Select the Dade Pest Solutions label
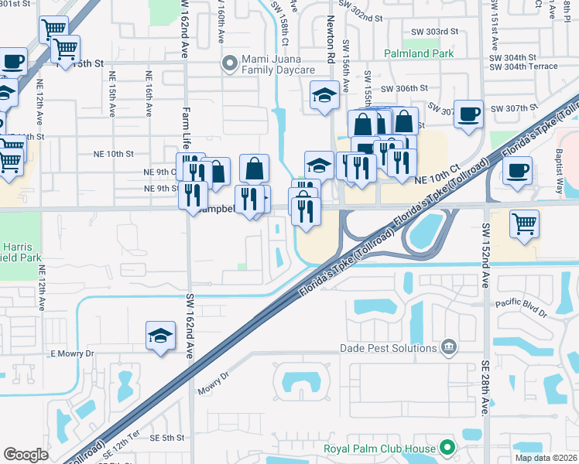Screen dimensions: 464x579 [389, 348]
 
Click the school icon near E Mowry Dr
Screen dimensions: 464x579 [160, 336]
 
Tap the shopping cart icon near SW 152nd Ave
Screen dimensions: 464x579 [525, 223]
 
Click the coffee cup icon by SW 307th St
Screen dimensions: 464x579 [469, 114]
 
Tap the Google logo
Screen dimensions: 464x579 [25, 455]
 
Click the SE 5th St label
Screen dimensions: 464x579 [166, 438]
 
